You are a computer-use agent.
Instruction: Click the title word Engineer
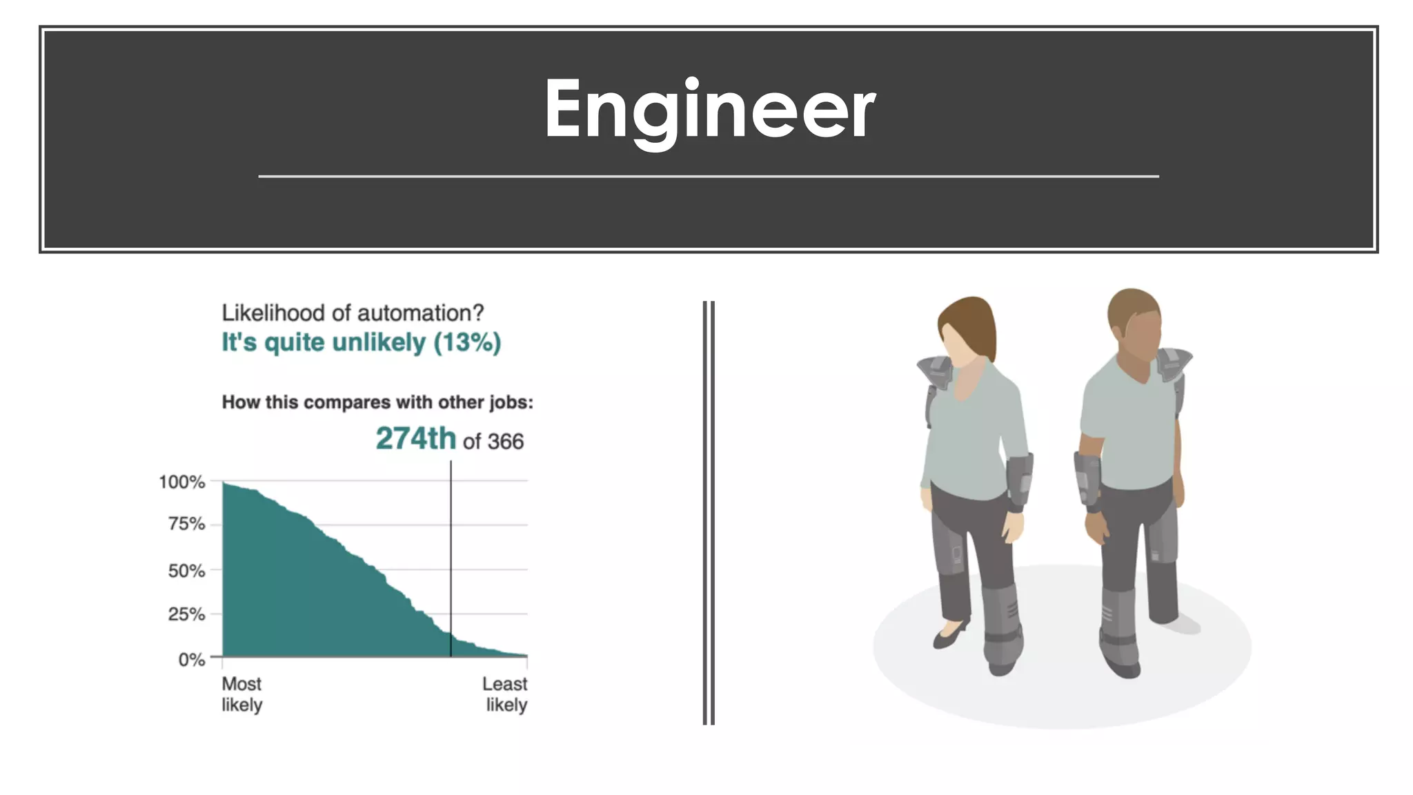[709, 110]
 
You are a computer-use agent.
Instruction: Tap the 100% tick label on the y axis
[182, 482]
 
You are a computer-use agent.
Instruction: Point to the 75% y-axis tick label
[187, 524]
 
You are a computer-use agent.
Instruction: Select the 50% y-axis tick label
[187, 571]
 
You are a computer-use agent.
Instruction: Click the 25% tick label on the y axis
[187, 614]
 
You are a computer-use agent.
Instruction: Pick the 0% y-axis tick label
[192, 660]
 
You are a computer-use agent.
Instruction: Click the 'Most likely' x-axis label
[241, 694]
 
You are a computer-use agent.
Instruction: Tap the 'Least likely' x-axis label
[505, 694]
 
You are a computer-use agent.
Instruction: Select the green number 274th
[415, 439]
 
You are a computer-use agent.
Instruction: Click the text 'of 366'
[493, 442]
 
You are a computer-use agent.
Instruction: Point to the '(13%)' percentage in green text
[467, 342]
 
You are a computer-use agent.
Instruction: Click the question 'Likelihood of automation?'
[353, 313]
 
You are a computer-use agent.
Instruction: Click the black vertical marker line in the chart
[451, 552]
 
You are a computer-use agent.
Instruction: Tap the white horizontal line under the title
[709, 177]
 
